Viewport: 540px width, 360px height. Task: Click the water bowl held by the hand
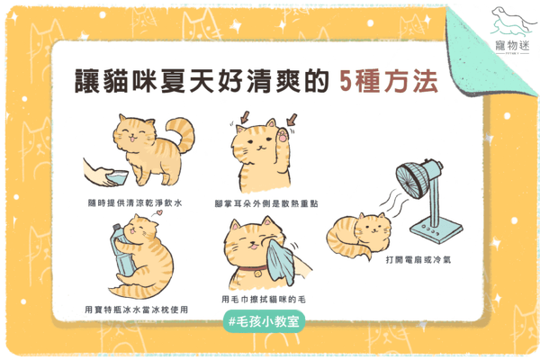(x=117, y=177)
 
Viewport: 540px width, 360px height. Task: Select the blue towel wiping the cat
(x=281, y=262)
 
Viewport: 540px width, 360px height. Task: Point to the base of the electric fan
(x=436, y=229)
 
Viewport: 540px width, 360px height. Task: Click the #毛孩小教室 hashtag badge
(x=264, y=322)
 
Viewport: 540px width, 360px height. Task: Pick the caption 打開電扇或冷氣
(x=418, y=260)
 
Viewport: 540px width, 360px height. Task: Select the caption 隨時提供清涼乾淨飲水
(x=135, y=202)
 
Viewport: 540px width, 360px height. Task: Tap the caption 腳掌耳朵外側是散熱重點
(x=266, y=203)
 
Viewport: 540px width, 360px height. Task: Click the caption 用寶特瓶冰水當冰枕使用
(x=137, y=310)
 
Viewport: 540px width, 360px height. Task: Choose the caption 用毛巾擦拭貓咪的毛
(x=264, y=300)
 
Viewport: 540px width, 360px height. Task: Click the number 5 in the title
(x=346, y=81)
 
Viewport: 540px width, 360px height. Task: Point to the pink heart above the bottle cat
(x=158, y=212)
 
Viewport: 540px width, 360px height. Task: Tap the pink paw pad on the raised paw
(x=283, y=136)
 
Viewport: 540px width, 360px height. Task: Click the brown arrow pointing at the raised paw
(x=292, y=120)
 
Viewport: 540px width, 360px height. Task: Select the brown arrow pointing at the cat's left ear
(x=245, y=117)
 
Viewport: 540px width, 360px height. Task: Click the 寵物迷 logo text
(x=512, y=45)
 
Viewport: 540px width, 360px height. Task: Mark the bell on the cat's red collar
(x=256, y=274)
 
